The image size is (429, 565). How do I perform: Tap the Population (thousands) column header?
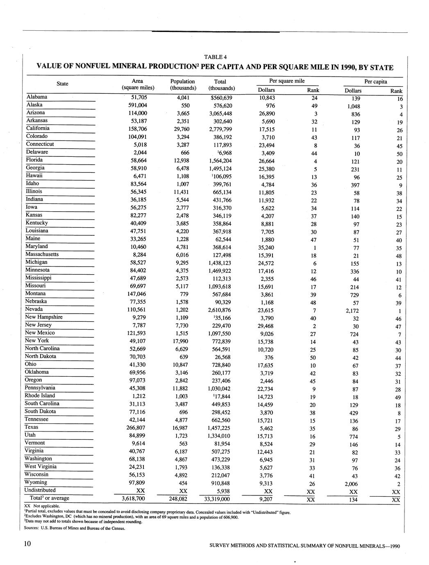click(182, 85)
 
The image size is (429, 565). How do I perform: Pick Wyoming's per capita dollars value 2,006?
click(353, 484)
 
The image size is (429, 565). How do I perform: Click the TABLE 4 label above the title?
click(215, 57)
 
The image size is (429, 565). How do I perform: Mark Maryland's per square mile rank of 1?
click(314, 248)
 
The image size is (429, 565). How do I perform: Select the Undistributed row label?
click(40, 490)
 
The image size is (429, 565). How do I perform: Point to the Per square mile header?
click(286, 81)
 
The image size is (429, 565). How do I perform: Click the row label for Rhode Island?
click(40, 395)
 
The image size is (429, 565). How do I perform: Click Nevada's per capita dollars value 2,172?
click(353, 311)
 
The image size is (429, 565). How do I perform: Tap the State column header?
click(62, 84)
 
